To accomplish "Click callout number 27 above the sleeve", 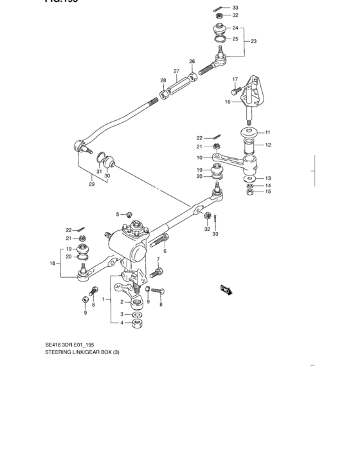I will click(175, 71).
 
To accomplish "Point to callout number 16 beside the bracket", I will click(228, 102).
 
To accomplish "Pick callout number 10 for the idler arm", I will click(200, 157).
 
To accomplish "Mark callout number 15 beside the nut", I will click(268, 192).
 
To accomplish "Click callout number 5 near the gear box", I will click(118, 214).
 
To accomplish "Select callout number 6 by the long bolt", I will click(165, 251).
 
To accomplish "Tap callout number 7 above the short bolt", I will click(157, 259).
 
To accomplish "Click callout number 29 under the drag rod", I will click(91, 184).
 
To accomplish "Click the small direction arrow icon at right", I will click(226, 290).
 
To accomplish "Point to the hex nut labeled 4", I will click(136, 323).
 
